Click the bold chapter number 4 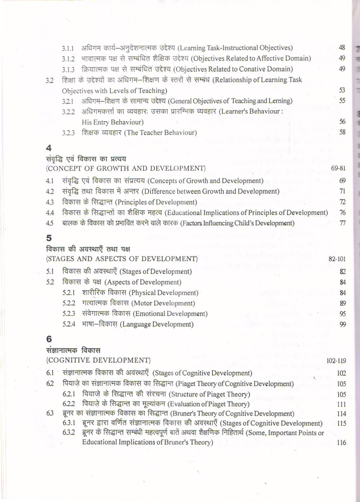[49, 148]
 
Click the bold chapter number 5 [49, 238]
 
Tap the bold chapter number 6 [49, 339]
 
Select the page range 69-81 [338, 168]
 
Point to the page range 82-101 [337, 259]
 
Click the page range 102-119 [336, 361]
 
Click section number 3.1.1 [68, 48]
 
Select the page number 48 [342, 48]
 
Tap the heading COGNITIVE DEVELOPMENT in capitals [98, 360]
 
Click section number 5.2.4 [68, 325]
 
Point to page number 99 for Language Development [342, 325]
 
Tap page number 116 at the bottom [341, 442]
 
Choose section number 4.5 [50, 223]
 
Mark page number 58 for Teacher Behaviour [342, 132]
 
